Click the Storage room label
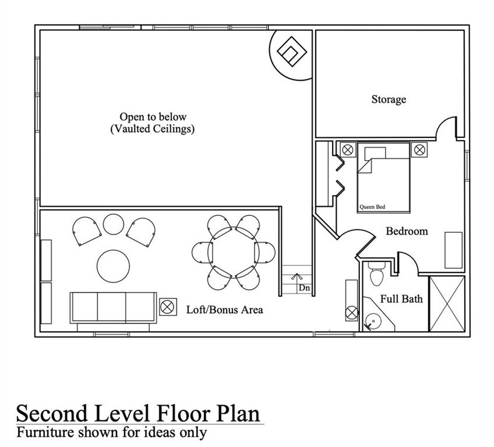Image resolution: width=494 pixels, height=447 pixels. point(389,100)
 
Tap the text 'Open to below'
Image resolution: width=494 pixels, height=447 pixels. point(153,117)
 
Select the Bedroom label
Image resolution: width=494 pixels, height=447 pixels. point(407,231)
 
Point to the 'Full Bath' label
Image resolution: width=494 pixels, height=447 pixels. point(401,299)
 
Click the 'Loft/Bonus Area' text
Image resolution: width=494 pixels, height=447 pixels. point(224,310)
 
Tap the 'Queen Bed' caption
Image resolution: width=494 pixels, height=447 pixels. point(371,207)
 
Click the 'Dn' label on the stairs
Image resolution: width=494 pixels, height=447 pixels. point(304,288)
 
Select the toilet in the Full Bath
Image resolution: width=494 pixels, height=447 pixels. point(376,273)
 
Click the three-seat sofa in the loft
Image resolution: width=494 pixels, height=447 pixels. point(112,307)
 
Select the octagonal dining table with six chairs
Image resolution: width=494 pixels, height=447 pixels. point(234,253)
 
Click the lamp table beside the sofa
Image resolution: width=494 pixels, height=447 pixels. point(168,307)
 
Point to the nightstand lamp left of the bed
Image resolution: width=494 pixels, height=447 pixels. point(348,150)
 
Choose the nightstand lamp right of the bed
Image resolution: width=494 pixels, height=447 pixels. point(419,150)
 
